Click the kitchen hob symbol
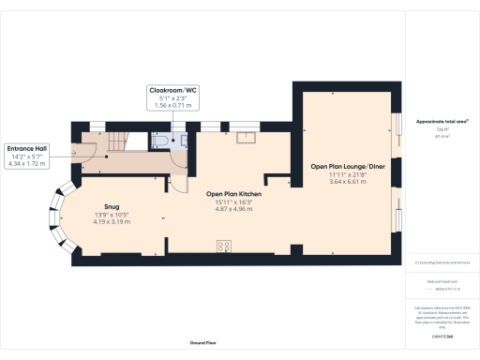pos(225,247)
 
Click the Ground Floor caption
pos(203,343)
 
